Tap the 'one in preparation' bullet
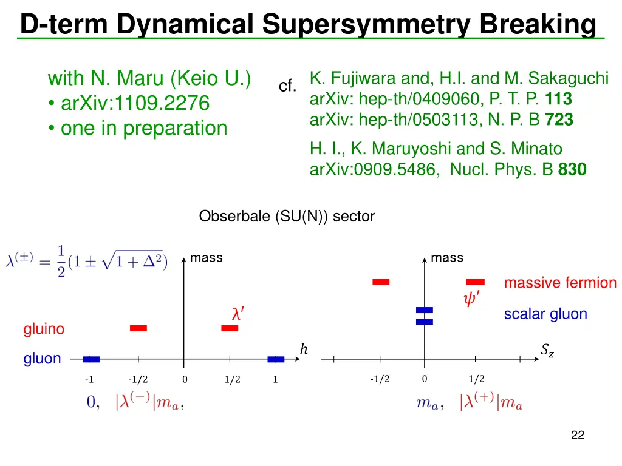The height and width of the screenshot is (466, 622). click(x=143, y=128)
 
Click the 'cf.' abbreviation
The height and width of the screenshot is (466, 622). click(x=287, y=87)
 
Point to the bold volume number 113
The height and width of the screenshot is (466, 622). click(x=558, y=98)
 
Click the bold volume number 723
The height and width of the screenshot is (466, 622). click(x=559, y=120)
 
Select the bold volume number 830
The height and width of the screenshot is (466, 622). click(x=572, y=170)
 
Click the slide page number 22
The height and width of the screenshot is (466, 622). click(x=578, y=435)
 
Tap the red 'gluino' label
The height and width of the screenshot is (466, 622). click(x=44, y=329)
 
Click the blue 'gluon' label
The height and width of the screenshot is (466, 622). click(x=43, y=359)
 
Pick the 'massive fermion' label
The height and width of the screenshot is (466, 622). click(x=560, y=283)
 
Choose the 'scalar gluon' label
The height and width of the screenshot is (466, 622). click(x=545, y=314)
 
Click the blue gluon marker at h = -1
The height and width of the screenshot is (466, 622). click(x=91, y=359)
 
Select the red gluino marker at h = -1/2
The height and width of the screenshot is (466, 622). click(x=138, y=328)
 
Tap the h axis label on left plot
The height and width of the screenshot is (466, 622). click(x=304, y=349)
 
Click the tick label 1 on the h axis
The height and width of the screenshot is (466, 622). click(x=275, y=380)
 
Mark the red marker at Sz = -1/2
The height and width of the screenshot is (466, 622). click(x=381, y=282)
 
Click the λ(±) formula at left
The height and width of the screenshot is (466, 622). click(x=87, y=262)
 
